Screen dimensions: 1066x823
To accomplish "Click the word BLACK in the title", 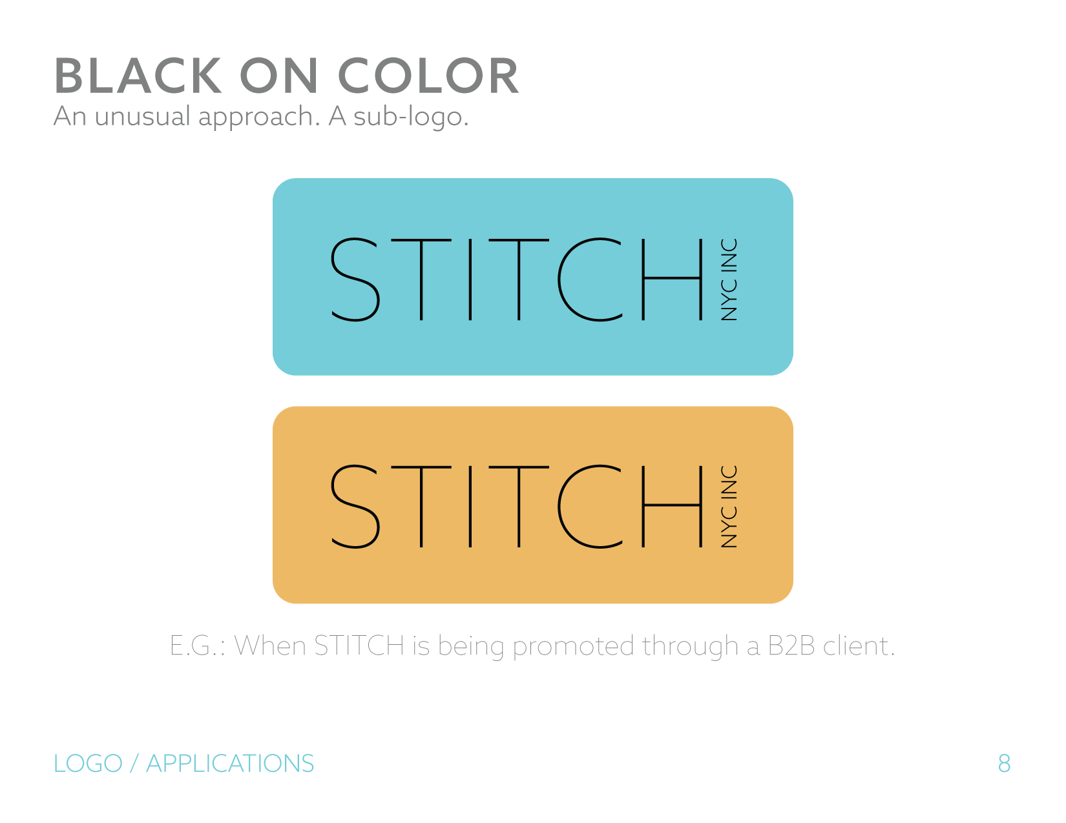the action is coord(138,76).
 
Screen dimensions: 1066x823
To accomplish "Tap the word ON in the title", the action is coord(279,76).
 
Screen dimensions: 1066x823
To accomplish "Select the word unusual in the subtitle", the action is coord(142,117).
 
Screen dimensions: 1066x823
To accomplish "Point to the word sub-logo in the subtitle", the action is coord(411,117).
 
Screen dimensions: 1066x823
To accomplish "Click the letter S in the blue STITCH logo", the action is coord(355,279).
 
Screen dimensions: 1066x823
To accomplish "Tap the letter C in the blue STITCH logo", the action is coord(590,279).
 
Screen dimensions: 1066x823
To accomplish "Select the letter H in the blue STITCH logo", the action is coord(673,279).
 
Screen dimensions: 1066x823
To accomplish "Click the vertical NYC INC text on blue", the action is coord(729,279).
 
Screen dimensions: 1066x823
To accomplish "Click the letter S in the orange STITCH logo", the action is coord(355,506).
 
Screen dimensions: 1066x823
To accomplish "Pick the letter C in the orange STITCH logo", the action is coord(590,506).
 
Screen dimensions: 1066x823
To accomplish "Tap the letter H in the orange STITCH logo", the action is coord(673,506).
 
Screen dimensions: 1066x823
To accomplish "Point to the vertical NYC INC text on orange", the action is coord(729,506).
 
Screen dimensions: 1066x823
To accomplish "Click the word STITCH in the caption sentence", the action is coord(359,645).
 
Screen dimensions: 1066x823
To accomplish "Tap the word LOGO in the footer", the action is coord(89,764).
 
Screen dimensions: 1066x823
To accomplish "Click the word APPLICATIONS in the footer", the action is coord(230,764).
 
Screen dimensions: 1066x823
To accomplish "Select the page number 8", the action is coord(1004,764).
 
